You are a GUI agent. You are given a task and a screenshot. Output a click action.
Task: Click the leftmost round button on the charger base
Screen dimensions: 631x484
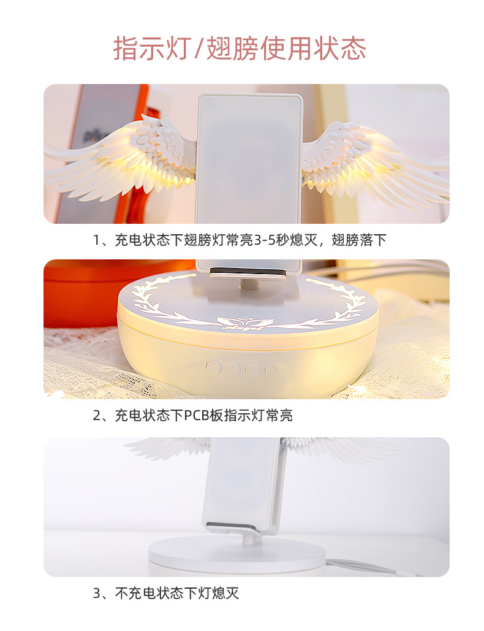[213, 368]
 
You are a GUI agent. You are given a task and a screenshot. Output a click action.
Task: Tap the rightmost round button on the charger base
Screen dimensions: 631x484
[271, 369]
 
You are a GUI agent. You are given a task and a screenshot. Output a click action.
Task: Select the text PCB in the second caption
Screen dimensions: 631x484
[197, 415]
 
